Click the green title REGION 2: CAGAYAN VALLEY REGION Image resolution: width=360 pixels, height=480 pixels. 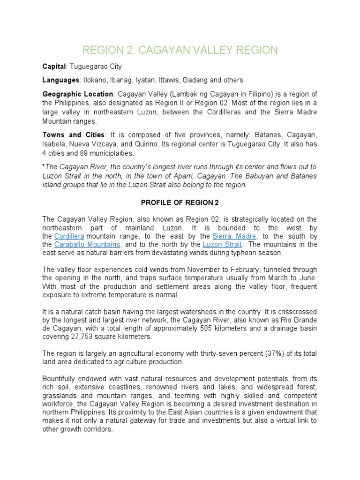coord(180,50)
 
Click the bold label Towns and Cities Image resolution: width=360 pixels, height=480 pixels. coord(74,135)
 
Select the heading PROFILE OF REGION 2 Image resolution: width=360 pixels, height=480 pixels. coord(180,202)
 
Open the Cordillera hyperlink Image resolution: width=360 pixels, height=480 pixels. coord(69,236)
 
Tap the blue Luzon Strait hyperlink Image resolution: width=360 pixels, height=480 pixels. coord(222,244)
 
